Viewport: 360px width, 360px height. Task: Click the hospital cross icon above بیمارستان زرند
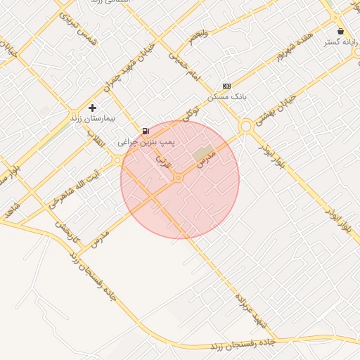[92, 108]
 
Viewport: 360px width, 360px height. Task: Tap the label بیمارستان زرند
[91, 119]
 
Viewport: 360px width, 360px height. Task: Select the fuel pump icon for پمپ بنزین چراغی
[145, 131]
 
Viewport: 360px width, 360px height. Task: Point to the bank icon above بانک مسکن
[226, 85]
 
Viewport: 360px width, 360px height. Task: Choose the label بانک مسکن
[226, 96]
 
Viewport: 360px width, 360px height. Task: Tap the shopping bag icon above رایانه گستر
[341, 32]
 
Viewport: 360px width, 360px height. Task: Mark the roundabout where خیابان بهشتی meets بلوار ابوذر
[246, 127]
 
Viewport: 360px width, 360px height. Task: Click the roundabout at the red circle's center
[179, 178]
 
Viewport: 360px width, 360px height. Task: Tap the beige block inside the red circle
[203, 153]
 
